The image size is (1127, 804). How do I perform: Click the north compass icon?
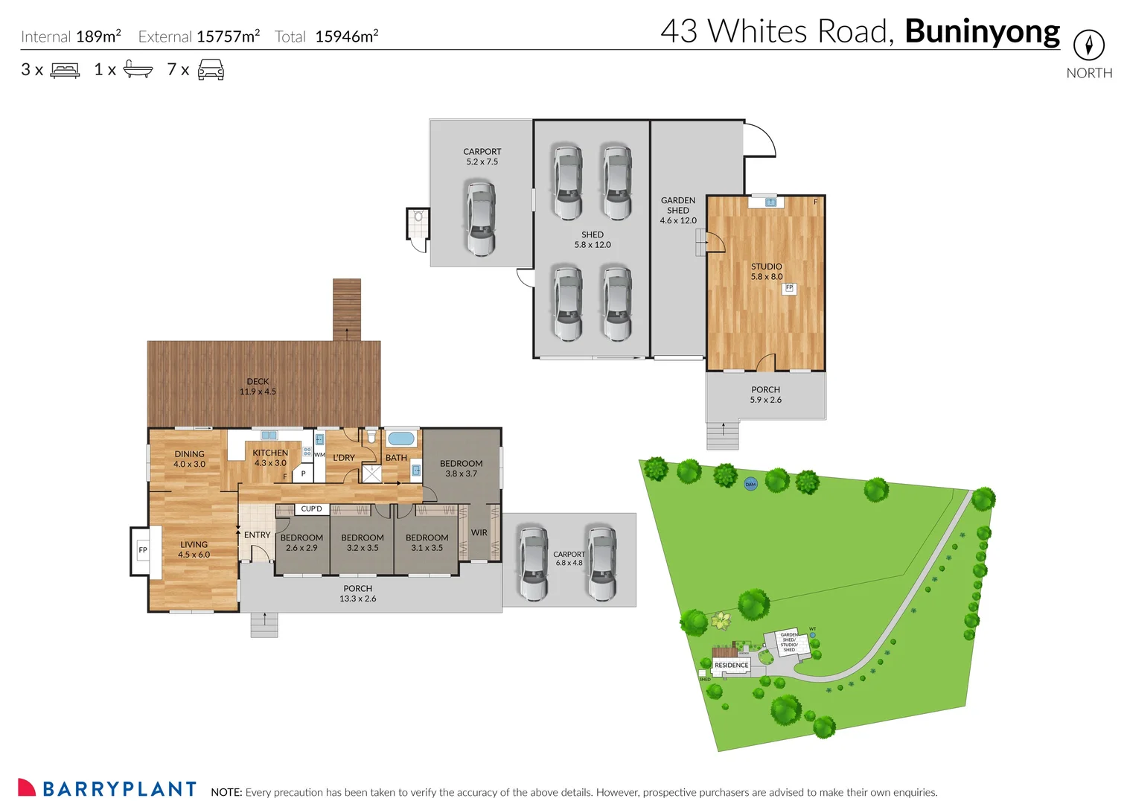(x=1088, y=45)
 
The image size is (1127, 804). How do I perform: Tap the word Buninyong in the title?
(x=982, y=32)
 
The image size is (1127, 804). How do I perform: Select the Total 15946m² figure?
(x=327, y=36)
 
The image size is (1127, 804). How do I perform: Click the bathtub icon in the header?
(x=138, y=69)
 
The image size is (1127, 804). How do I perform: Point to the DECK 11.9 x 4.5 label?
(x=258, y=386)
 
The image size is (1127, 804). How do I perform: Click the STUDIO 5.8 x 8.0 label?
(x=767, y=272)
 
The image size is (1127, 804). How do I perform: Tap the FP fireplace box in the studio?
(x=789, y=288)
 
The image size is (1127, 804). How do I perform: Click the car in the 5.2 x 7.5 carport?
(x=481, y=217)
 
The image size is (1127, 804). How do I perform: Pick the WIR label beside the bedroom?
(x=479, y=533)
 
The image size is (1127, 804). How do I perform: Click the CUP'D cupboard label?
(x=312, y=509)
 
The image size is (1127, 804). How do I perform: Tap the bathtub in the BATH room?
(x=401, y=438)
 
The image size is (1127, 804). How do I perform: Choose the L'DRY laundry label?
(x=344, y=458)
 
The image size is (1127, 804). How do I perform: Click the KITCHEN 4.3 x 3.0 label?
(x=270, y=458)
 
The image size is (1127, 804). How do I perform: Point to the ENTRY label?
(x=258, y=535)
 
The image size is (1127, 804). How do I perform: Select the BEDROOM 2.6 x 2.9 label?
(x=301, y=543)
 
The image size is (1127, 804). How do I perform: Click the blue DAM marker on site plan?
(x=750, y=484)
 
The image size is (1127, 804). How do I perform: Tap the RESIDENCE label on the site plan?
(x=732, y=666)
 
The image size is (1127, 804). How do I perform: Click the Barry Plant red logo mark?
(x=27, y=788)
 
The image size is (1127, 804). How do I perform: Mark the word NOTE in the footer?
(x=226, y=793)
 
